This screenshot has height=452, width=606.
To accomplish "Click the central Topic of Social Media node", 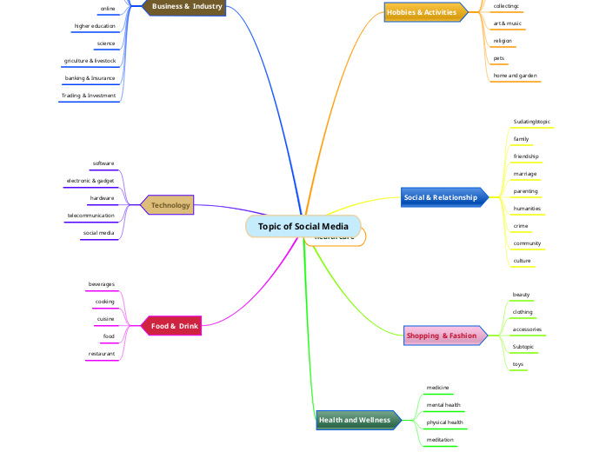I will tap(303, 226).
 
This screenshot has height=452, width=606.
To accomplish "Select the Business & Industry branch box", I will tap(187, 7).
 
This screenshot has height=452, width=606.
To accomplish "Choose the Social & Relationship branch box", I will tap(441, 197).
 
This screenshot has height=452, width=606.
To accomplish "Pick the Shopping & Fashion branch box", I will tap(442, 336).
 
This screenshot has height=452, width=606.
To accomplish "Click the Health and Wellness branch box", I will tap(355, 420).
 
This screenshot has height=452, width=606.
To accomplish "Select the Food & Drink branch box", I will tap(175, 326).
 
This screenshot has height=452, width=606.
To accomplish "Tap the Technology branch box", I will tap(170, 205).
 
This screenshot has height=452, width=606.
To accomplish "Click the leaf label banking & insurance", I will tap(90, 78).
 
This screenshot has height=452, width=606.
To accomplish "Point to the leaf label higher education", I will tap(95, 26).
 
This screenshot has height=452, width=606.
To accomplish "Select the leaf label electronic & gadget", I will tap(90, 181).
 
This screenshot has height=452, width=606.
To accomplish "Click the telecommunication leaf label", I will tap(90, 215).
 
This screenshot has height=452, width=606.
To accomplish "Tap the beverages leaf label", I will tap(102, 284).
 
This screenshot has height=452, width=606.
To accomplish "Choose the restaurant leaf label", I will tap(102, 354).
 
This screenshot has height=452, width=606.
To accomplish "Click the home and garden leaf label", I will tap(516, 76).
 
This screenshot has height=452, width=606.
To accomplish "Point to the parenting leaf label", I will tap(526, 191).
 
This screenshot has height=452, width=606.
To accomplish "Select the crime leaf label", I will tap(521, 226).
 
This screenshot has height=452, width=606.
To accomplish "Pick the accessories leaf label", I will tap(527, 329).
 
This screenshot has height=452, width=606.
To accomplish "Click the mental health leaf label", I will tap(443, 405).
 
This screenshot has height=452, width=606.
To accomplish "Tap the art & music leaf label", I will tap(508, 23).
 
